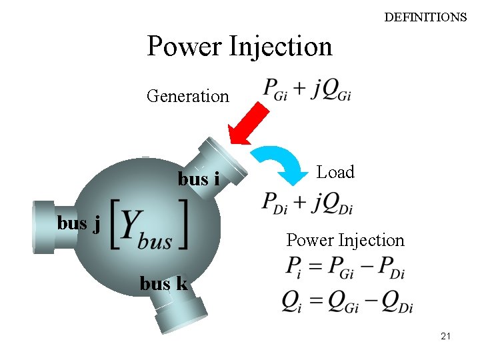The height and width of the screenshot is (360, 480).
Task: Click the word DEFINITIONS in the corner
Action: [425, 17]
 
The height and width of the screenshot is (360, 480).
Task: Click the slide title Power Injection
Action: [239, 47]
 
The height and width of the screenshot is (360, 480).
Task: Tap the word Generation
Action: [187, 96]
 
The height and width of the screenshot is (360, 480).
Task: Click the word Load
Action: [335, 172]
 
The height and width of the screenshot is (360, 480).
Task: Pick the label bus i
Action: [199, 179]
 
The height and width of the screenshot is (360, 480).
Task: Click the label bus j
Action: [79, 223]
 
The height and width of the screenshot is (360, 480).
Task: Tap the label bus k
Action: [163, 283]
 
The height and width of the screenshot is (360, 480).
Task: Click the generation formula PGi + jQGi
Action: [307, 89]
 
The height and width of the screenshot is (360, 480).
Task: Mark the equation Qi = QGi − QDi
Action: [347, 303]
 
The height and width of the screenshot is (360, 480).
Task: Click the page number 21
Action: [445, 337]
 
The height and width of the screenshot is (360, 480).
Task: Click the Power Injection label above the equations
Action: [345, 240]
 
